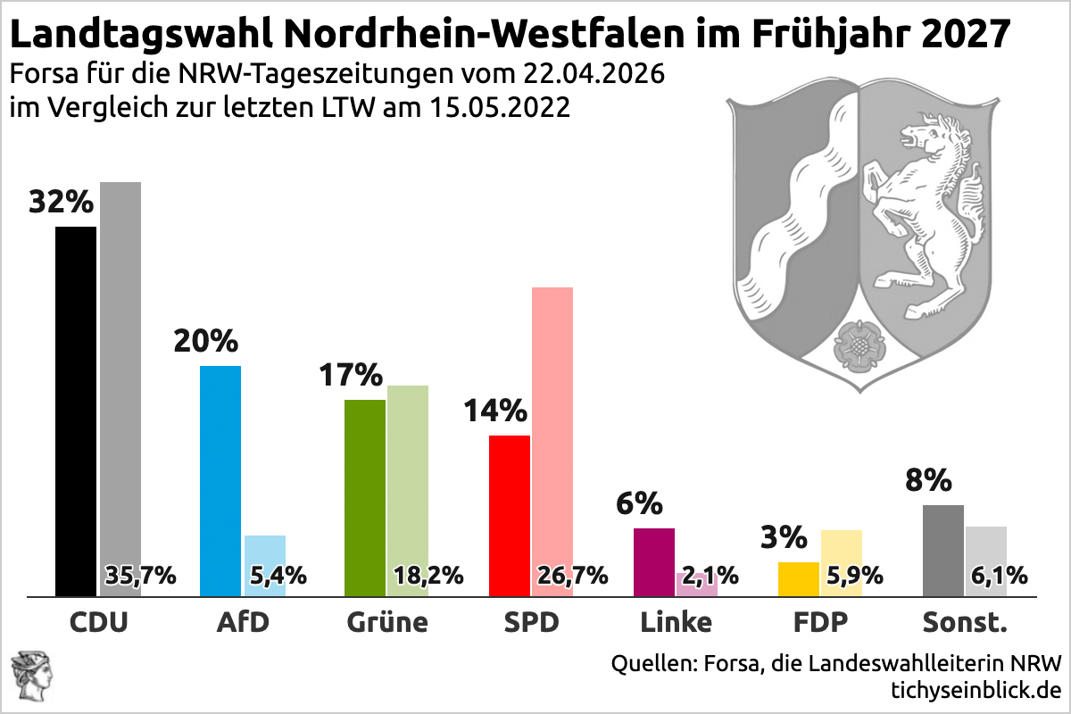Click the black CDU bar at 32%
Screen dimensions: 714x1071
click(76, 411)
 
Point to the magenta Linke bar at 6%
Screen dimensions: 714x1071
click(654, 561)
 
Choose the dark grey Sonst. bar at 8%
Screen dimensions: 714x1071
click(943, 550)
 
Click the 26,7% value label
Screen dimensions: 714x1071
click(572, 575)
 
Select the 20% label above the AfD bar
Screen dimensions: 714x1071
click(206, 341)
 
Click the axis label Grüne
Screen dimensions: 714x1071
click(387, 622)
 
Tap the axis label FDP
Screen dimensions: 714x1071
click(821, 622)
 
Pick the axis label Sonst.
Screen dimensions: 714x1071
click(965, 622)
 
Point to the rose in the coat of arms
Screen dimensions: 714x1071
click(856, 343)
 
